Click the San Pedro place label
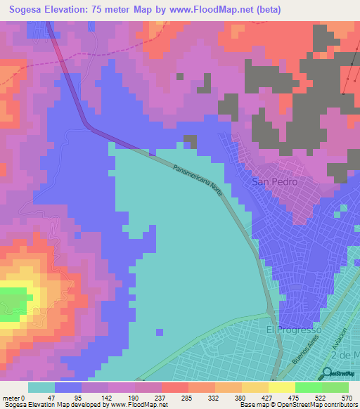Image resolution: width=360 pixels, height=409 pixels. pos(274,182)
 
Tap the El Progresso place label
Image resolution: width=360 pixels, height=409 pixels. pos(293,330)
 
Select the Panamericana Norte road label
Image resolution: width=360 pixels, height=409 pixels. pos(198,181)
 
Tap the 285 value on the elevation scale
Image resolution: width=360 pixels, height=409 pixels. pos(188,398)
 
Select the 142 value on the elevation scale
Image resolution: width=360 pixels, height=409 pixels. pos(109,398)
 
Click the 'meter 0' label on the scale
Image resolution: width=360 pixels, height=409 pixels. pos(14,398)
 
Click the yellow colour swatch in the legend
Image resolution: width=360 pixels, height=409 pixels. pos(281,387)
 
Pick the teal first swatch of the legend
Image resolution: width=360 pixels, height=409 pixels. pos(41,387)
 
